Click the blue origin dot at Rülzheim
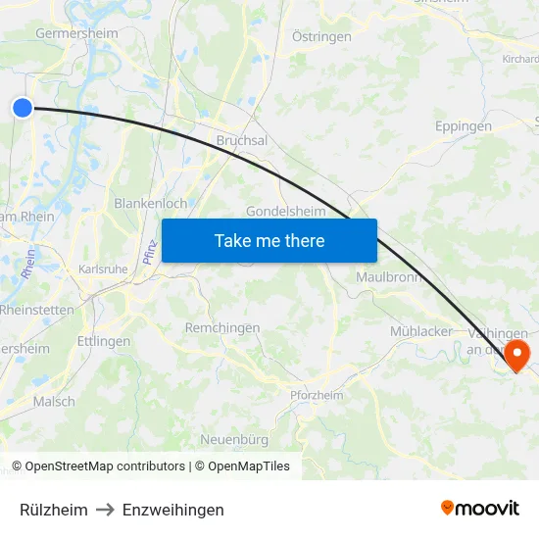pos(23,109)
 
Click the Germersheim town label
pos(76,33)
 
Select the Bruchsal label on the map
pos(241,141)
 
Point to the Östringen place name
pos(322,36)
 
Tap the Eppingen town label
pos(463,126)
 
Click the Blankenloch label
pos(151,203)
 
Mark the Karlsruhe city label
pos(102,269)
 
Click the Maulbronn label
pos(389,277)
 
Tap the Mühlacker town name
pos(421,331)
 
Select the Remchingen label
pos(222,328)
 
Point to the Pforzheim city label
pos(317,395)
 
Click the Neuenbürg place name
pos(234,439)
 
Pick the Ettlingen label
pos(104,342)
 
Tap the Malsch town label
pos(54,402)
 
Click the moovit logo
pos(479,508)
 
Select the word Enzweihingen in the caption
pos(173,510)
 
